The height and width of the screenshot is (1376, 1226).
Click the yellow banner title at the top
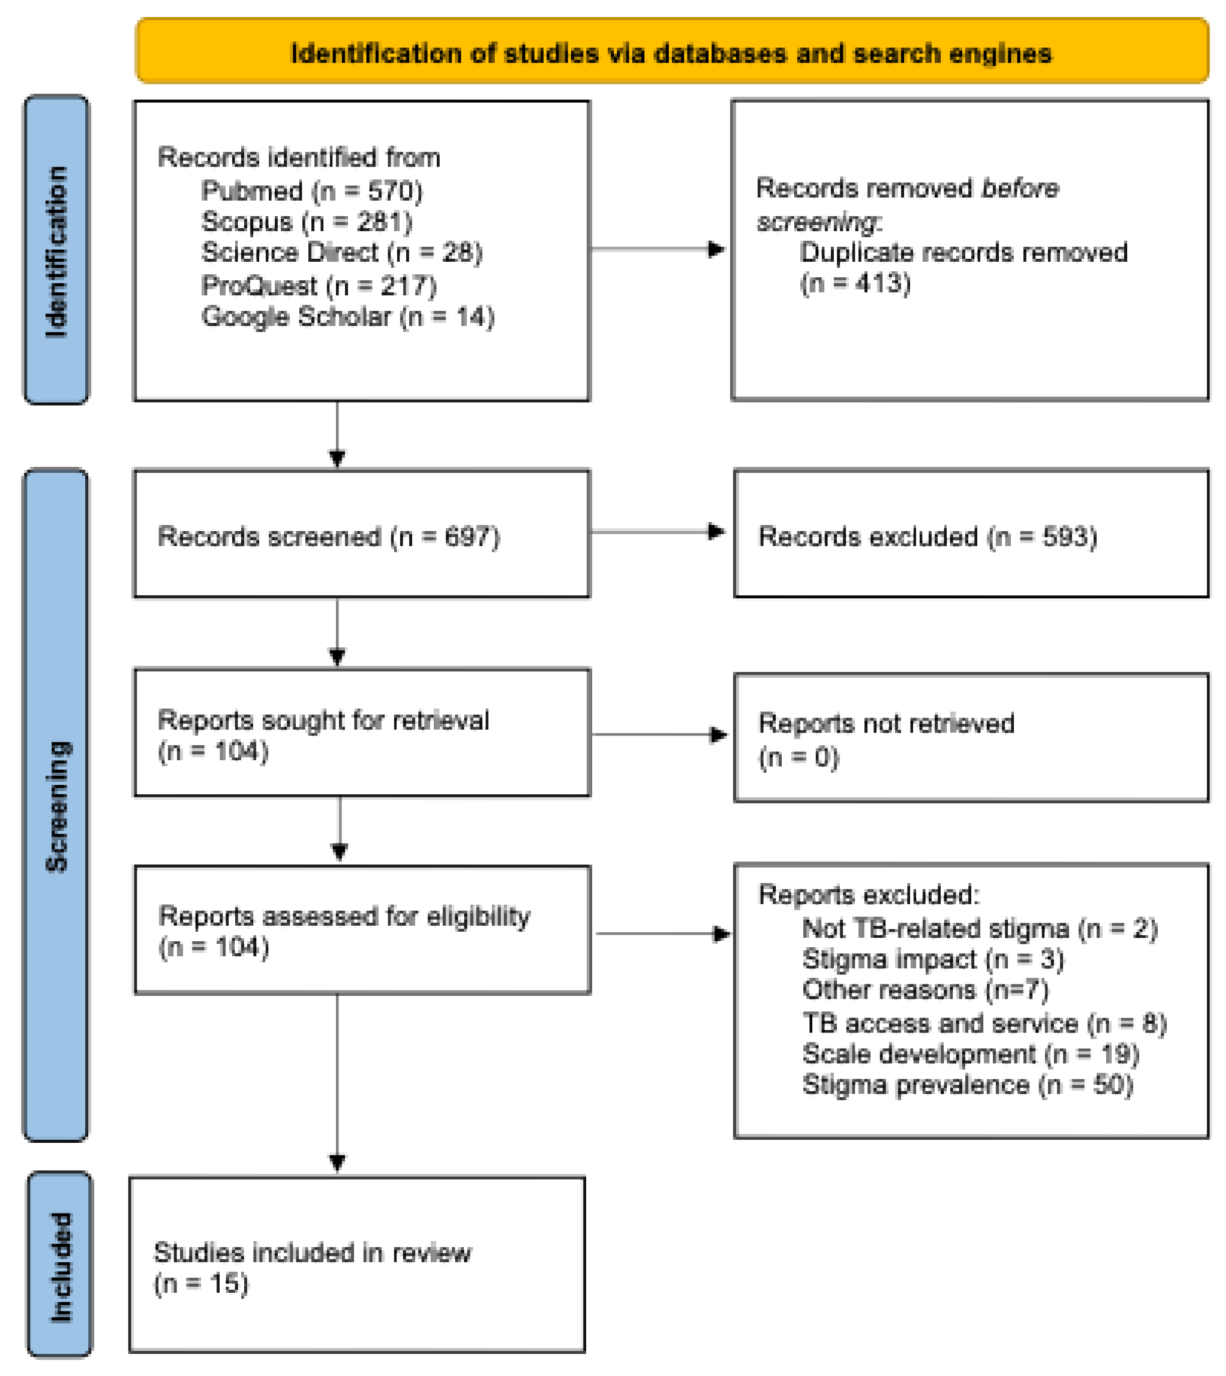pos(671,53)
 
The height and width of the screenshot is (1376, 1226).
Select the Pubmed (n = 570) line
pos(311,191)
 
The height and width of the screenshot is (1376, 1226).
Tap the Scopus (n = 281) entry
pos(306,222)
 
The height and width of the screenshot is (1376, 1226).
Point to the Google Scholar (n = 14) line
pos(347,316)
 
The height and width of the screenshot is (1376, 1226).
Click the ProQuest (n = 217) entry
pos(318,285)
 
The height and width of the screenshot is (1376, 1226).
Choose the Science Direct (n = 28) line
pos(341,253)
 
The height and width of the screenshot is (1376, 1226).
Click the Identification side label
pos(57,251)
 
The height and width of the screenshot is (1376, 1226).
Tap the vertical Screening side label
pos(57,806)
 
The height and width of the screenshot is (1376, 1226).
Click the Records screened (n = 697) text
pos(329,537)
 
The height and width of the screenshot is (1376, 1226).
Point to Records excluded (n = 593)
pos(928,537)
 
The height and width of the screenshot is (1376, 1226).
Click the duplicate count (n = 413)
pos(855,283)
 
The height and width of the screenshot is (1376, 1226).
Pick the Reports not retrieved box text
pos(886,739)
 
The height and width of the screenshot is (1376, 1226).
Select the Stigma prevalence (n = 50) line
pos(967,1085)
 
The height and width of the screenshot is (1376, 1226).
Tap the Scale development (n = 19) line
pos(970,1054)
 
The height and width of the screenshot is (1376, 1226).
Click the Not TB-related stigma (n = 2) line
pos(979,929)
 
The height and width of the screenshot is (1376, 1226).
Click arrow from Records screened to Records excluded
pos(657,532)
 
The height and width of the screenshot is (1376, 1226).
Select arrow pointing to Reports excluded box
pos(662,934)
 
